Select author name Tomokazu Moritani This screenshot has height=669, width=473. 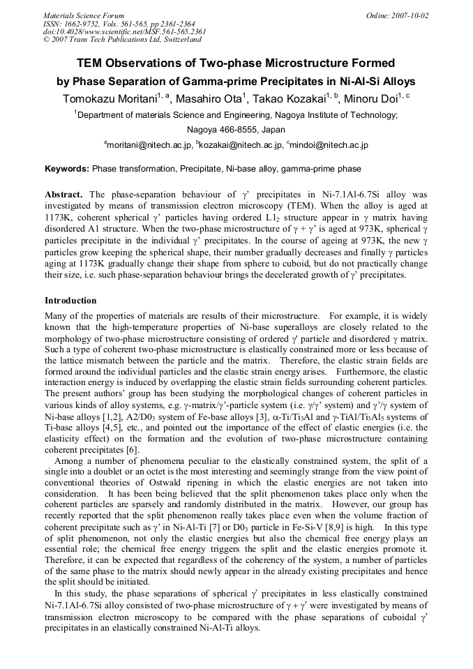pos(110,98)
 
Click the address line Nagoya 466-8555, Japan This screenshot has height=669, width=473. pos(236,130)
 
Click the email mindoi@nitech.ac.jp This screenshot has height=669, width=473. pos(328,145)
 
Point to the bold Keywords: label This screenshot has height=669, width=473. pos(67,169)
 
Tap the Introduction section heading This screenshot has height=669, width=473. pos(70,301)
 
